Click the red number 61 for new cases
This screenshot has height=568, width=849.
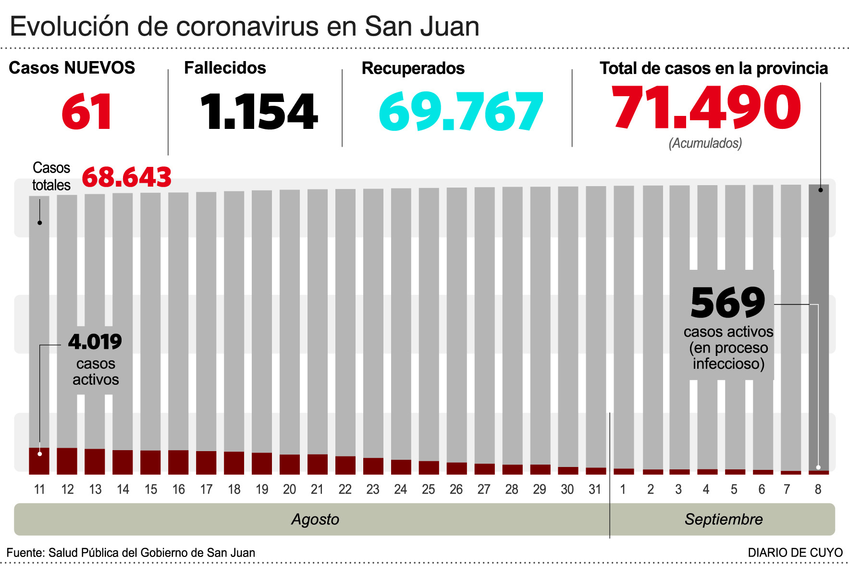point(87,112)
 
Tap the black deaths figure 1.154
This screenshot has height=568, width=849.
point(258,112)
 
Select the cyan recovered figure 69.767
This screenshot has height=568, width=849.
point(460,112)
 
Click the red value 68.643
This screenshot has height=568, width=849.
point(126,177)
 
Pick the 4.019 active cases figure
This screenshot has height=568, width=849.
point(95,342)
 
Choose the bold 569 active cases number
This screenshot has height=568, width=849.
point(727,303)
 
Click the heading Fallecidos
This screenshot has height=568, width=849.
point(225,68)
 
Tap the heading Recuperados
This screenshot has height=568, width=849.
point(413,68)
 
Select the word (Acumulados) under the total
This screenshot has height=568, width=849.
point(705,143)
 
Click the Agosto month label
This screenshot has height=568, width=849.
point(315,519)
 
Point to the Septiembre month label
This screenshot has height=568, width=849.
point(723,519)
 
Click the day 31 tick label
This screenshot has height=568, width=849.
point(595,490)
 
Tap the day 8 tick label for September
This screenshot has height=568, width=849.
point(818,490)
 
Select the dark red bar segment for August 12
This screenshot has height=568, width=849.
point(67,461)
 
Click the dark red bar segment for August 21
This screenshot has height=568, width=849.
point(317,464)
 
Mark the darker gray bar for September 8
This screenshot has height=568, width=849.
point(818,327)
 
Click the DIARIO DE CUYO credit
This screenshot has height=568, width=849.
point(795,553)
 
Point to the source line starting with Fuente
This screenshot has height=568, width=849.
point(131,553)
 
